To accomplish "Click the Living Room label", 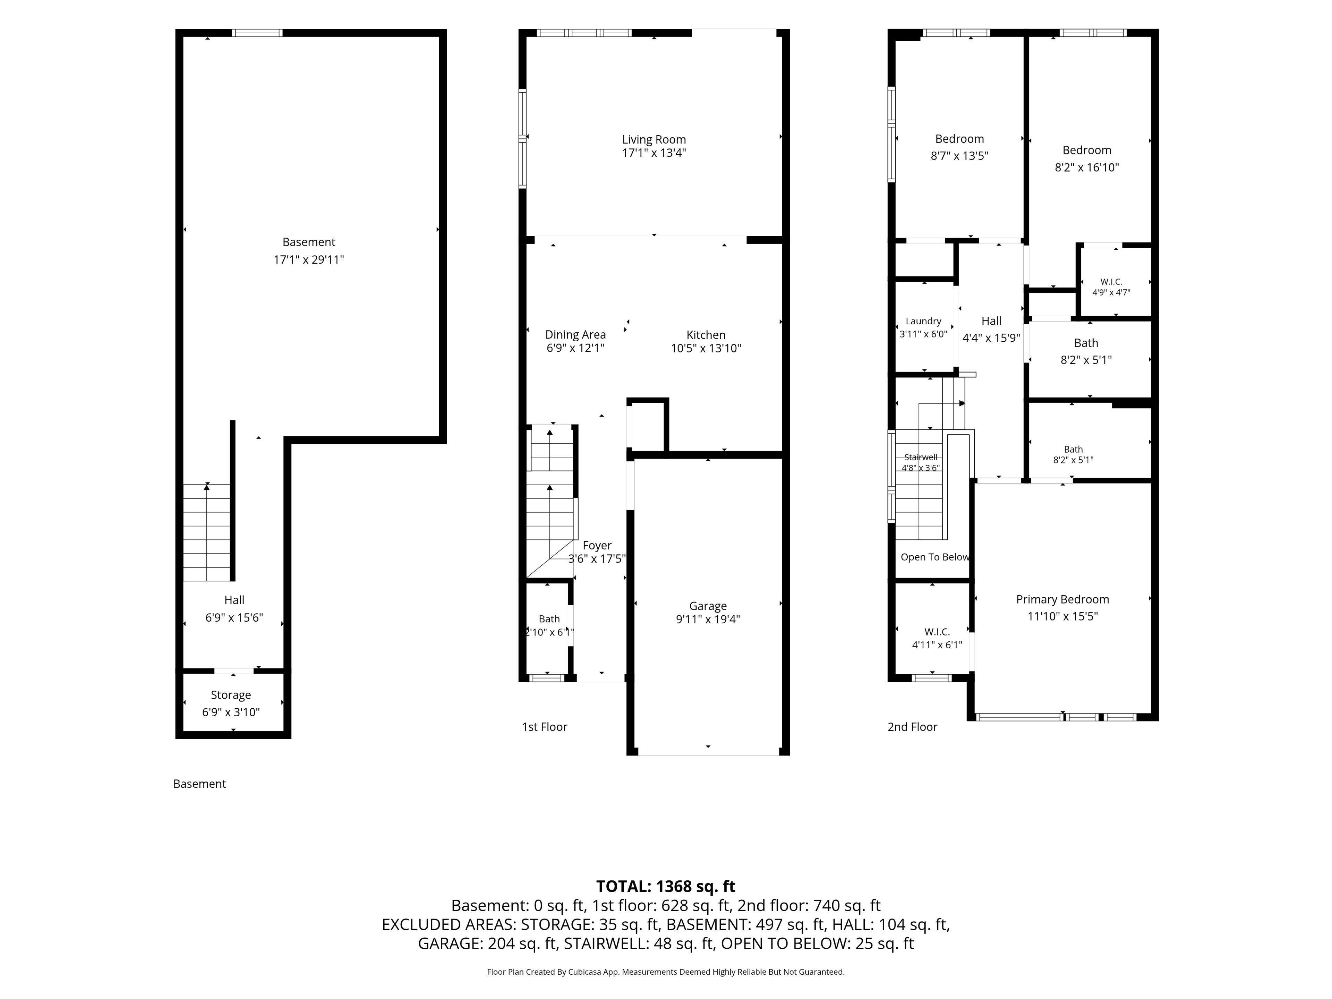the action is coord(654,140).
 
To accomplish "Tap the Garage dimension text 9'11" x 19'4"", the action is coord(708,619).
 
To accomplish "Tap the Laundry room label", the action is coord(923,322).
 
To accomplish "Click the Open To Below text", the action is coord(934,557).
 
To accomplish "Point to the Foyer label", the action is coord(597,546).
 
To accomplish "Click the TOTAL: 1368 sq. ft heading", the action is coord(665,886).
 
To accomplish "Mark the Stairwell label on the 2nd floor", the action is coord(921,457).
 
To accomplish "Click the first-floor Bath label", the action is coord(549,619).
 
